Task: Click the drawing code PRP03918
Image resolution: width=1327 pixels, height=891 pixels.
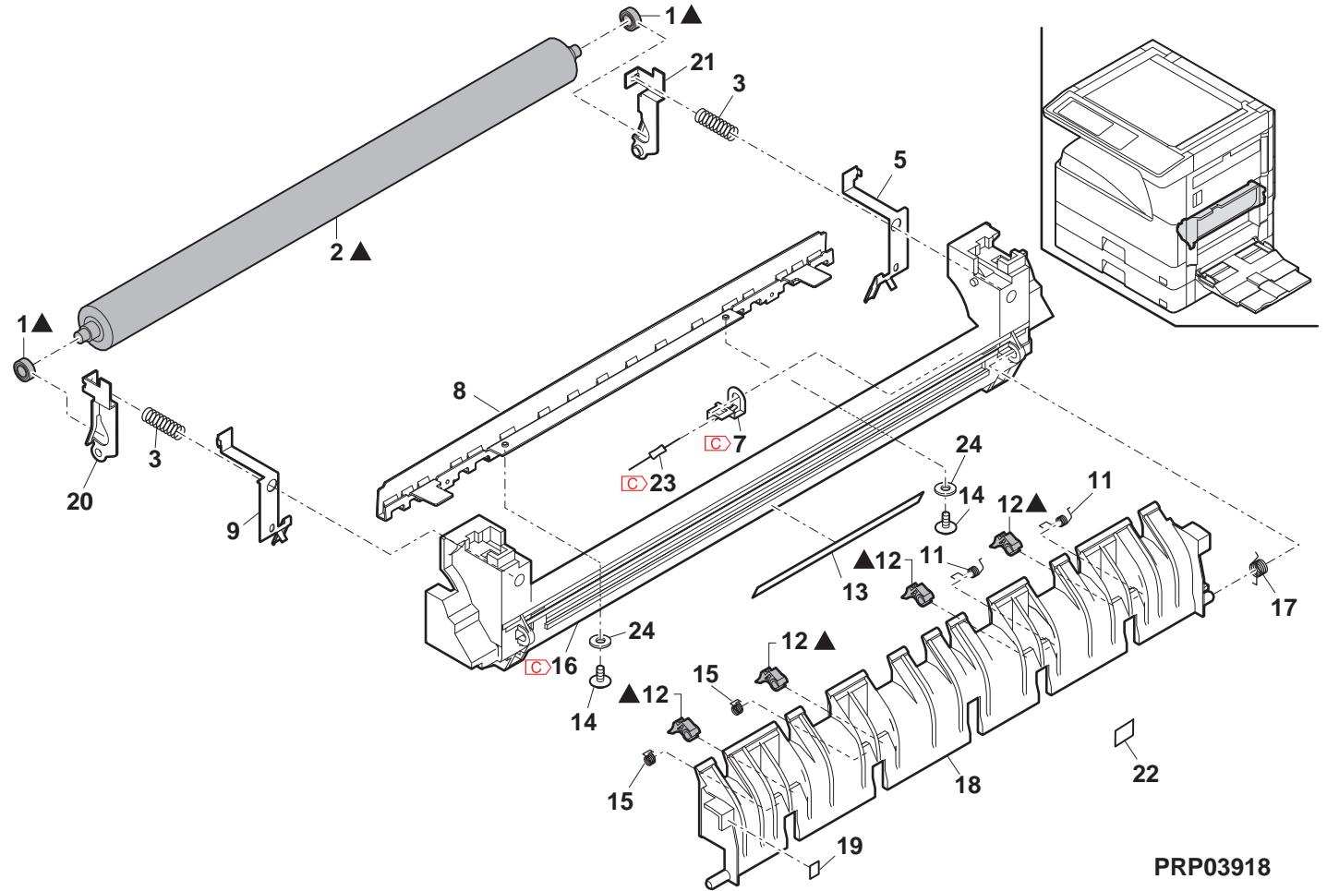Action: coord(1212,868)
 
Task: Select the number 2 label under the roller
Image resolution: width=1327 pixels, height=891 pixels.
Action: coord(337,251)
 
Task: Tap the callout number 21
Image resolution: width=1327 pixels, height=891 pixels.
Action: coord(703,63)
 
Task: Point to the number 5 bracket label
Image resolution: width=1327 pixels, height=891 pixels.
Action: coord(899,159)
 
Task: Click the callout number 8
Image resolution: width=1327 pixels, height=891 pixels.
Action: coord(459,391)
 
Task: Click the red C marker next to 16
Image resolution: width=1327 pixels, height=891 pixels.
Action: coord(537,667)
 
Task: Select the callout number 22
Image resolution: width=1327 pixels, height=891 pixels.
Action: coord(1146,775)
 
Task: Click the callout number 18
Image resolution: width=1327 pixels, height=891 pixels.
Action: coord(969,785)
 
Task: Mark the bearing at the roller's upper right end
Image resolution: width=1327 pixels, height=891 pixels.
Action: coord(630,16)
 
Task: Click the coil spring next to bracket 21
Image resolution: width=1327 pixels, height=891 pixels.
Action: coord(716,124)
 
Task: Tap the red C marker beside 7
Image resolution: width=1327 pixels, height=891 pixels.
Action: coord(716,444)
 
